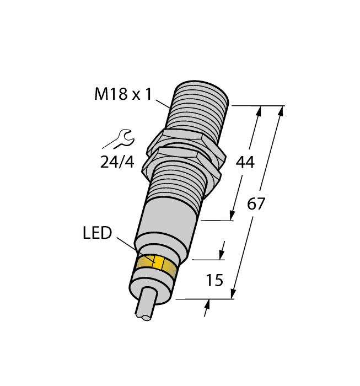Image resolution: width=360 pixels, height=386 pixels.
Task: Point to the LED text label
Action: pos(97,233)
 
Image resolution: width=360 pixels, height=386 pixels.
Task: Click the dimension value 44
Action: pos(244,163)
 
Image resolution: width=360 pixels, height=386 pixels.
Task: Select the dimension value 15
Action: pos(214,280)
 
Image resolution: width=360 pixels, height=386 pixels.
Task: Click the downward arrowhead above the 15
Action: pos(222,254)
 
